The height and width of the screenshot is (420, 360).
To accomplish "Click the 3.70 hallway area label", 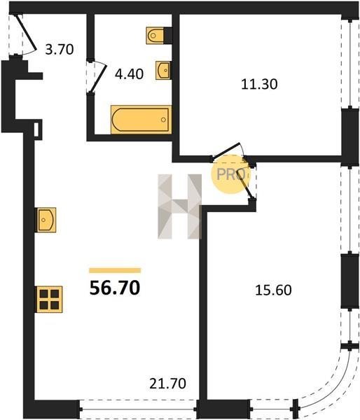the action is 60,50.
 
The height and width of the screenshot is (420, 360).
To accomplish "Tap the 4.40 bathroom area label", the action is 129,74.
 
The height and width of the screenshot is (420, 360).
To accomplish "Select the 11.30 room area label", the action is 259,84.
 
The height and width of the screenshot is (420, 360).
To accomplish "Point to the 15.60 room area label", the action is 273,290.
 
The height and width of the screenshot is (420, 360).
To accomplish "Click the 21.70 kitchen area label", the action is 167,384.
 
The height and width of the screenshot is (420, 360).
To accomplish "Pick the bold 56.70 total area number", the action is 115,288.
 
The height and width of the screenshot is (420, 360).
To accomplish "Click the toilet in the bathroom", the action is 155,35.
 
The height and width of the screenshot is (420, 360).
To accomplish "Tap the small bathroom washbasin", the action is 163,71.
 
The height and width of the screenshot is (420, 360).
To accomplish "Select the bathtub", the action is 141,120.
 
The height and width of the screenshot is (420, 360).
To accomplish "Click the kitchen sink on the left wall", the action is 46,220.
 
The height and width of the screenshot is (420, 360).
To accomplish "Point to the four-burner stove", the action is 50,299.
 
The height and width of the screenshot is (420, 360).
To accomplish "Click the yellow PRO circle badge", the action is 231,174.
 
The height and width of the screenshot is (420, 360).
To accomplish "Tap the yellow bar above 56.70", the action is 115,270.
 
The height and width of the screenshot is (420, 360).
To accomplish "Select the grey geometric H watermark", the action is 179,206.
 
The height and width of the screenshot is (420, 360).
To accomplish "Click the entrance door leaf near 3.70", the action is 26,33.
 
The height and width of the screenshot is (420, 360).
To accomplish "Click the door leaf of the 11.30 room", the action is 226,150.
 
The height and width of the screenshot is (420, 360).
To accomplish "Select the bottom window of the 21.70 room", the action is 138,409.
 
